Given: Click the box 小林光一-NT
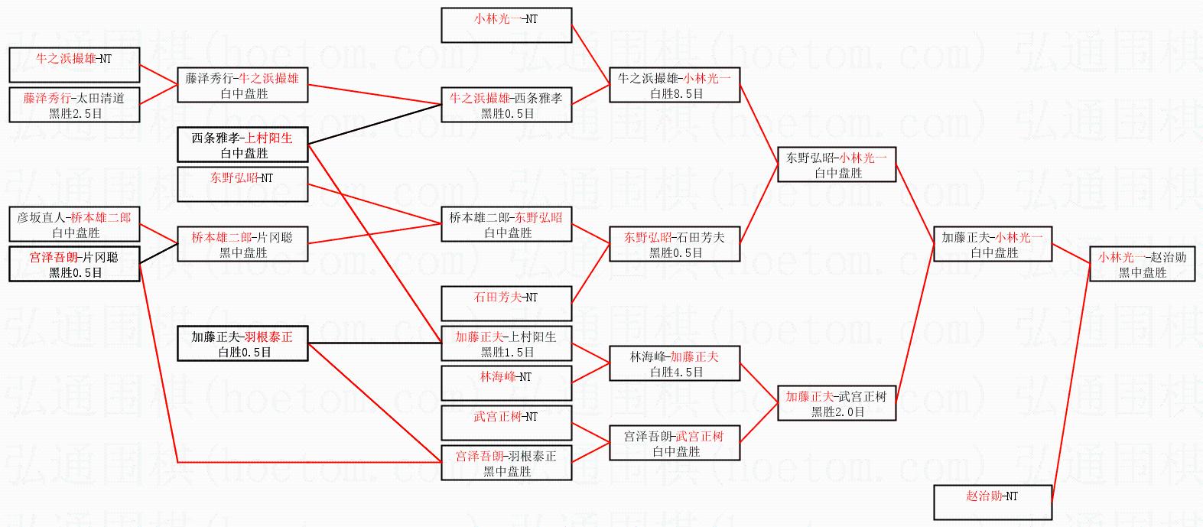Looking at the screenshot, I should click(506, 24).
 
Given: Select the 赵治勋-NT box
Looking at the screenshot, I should click(992, 503).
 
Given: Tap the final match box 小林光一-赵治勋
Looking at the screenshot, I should click(1142, 264).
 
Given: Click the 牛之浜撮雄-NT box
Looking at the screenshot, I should click(74, 64).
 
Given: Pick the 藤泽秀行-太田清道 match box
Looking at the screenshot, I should click(74, 105).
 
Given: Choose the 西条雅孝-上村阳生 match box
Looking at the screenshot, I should click(242, 145).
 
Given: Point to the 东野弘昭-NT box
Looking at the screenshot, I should click(242, 184).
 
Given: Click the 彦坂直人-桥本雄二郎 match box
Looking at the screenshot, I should click(74, 224).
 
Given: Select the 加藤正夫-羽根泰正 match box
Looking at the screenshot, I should click(242, 343).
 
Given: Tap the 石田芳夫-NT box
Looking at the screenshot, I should click(506, 304).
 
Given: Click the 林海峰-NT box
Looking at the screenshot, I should click(506, 383).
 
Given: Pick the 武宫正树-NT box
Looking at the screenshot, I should click(506, 423).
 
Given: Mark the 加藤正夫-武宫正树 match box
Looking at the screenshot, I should click(836, 403).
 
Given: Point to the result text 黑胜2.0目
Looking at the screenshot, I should click(837, 412).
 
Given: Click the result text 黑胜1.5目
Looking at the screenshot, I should click(507, 352).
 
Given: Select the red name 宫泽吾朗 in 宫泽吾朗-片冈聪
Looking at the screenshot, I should click(54, 257).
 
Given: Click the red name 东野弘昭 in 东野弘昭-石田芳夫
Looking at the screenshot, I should click(647, 237).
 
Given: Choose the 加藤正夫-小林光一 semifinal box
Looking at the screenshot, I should click(992, 244).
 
